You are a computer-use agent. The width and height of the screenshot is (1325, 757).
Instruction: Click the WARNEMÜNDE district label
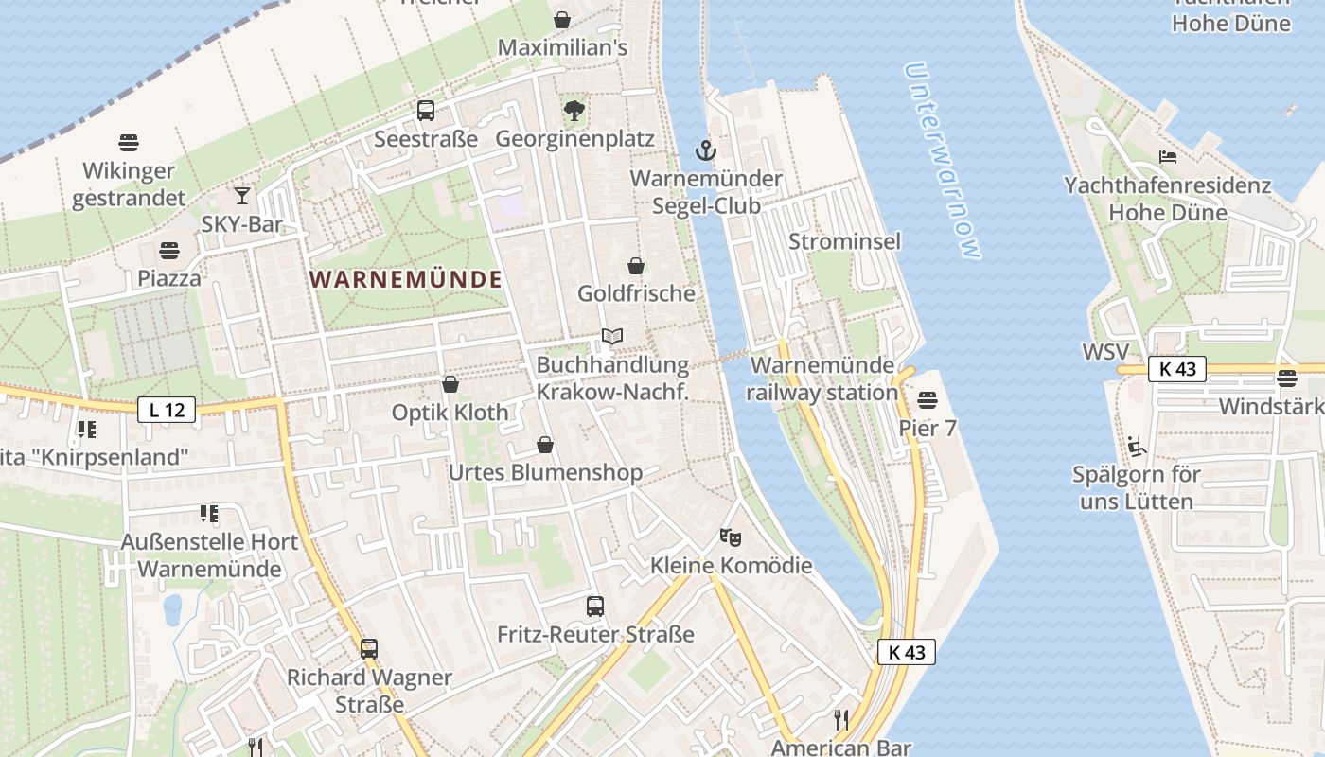(x=405, y=279)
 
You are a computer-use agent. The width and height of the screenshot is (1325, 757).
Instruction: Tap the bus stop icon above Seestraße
(x=426, y=111)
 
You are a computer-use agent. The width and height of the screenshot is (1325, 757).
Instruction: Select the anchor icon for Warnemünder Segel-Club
(x=705, y=150)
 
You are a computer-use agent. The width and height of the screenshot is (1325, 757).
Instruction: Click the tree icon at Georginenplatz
(x=574, y=111)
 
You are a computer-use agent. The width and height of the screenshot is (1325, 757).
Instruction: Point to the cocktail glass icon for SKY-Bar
(x=242, y=196)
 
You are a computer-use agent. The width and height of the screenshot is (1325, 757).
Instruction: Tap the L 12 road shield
(x=167, y=410)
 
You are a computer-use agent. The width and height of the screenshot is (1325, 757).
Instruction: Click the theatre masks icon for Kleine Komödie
(x=730, y=537)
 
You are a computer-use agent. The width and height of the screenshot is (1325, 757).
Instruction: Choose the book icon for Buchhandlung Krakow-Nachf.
(x=612, y=336)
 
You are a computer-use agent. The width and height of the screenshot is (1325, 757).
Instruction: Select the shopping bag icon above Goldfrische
(x=636, y=266)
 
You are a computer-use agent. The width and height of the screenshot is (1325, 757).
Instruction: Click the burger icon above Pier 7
(x=927, y=399)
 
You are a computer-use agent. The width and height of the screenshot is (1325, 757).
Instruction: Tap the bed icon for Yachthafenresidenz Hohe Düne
(x=1168, y=156)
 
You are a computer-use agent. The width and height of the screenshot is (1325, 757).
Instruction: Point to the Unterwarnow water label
(x=941, y=160)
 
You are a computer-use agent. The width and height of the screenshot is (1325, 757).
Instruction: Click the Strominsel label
(x=844, y=241)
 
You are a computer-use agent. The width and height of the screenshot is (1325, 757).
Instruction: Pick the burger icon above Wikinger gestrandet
(x=130, y=143)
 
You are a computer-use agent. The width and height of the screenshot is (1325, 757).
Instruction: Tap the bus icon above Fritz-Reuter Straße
(x=595, y=607)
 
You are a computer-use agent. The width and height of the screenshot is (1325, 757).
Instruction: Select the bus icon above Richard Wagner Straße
(x=369, y=649)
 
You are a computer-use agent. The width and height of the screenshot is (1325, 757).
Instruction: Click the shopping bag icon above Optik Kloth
(x=450, y=384)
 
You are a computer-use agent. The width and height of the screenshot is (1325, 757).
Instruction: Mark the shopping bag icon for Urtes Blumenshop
(x=545, y=445)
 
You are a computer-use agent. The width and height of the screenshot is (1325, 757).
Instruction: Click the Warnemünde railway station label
(x=822, y=378)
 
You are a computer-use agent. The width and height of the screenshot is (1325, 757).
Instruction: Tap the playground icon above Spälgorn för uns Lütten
(x=1137, y=447)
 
